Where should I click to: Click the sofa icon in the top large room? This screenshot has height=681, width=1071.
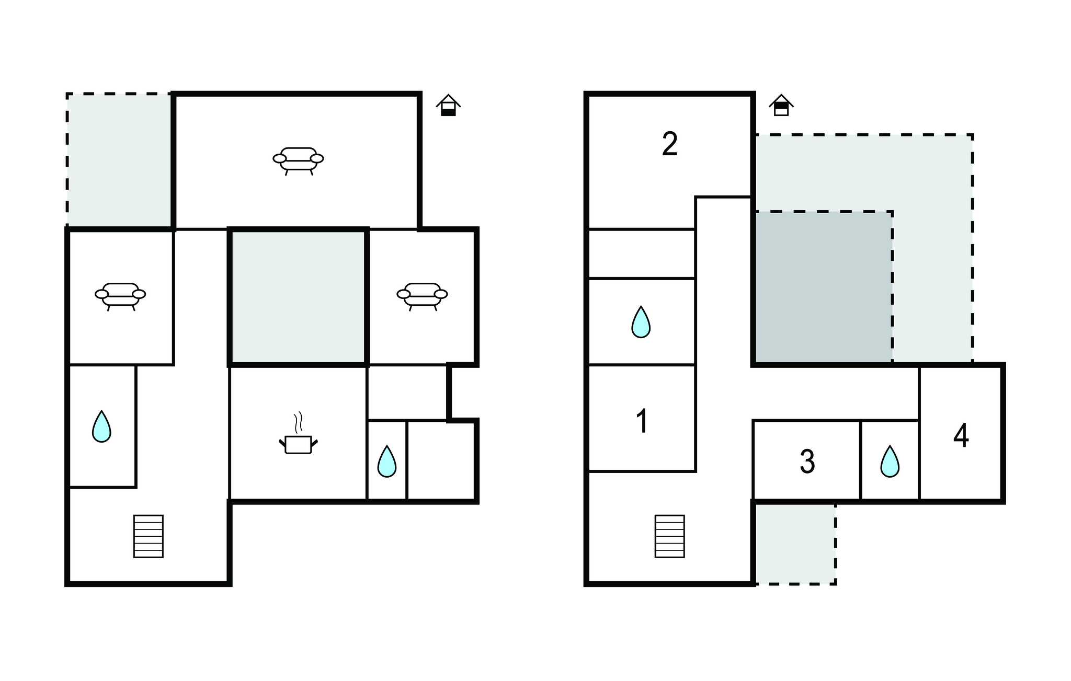pyautogui.click(x=298, y=160)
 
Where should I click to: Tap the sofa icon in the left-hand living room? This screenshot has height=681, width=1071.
pyautogui.click(x=120, y=296)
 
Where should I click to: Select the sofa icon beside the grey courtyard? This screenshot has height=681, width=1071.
pyautogui.click(x=422, y=296)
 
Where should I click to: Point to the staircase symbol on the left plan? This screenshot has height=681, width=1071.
pyautogui.click(x=149, y=536)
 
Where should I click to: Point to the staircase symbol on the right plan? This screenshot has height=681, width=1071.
pyautogui.click(x=670, y=536)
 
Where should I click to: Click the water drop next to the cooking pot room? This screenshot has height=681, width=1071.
pyautogui.click(x=387, y=461)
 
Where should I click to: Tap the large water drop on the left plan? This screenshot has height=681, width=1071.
pyautogui.click(x=101, y=426)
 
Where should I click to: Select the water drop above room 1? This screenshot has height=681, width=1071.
pyautogui.click(x=641, y=322)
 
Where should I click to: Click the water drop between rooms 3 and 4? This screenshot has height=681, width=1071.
pyautogui.click(x=890, y=461)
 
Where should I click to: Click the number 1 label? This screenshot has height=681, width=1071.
pyautogui.click(x=642, y=421)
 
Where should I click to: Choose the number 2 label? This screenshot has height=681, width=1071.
pyautogui.click(x=670, y=144)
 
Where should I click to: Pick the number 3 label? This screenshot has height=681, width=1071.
pyautogui.click(x=807, y=461)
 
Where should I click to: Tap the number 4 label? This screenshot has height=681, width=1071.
pyautogui.click(x=961, y=435)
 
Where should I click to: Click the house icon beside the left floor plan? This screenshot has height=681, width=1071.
pyautogui.click(x=448, y=105)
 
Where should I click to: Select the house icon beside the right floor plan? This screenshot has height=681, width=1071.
pyautogui.click(x=781, y=105)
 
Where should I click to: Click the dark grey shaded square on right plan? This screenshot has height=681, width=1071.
pyautogui.click(x=823, y=287)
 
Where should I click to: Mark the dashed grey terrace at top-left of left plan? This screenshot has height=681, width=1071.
pyautogui.click(x=119, y=160)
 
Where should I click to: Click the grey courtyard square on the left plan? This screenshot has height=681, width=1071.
pyautogui.click(x=298, y=296)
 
